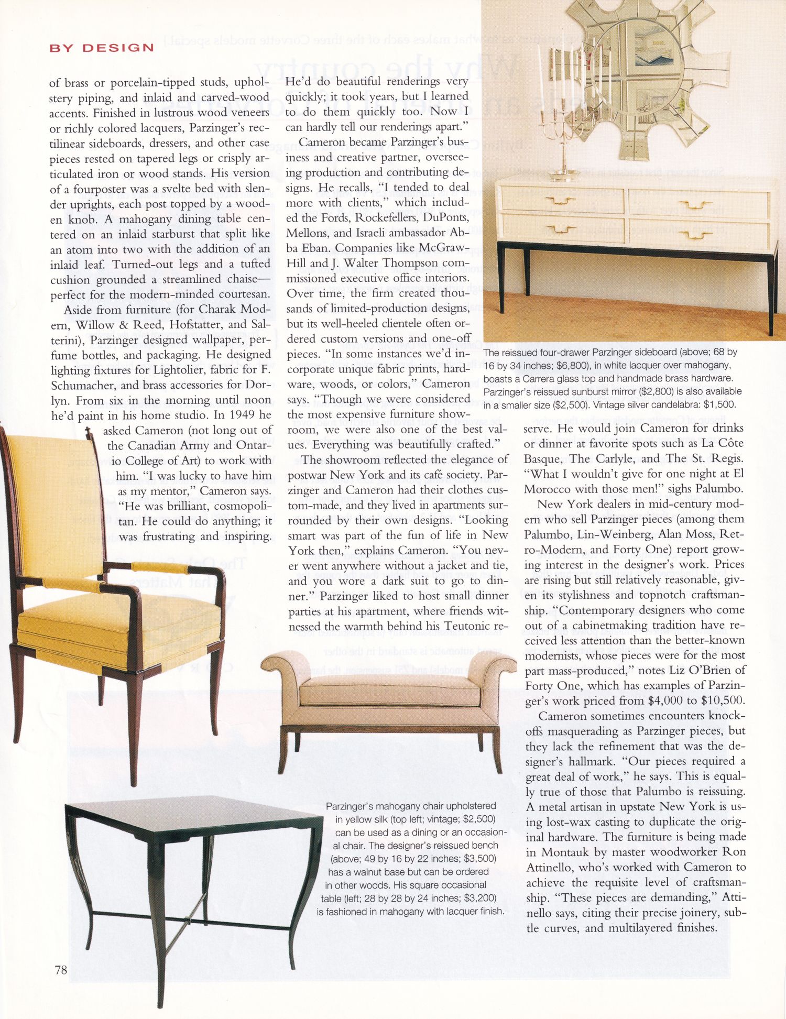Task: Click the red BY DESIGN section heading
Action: pyautogui.click(x=102, y=48)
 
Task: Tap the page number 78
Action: pyautogui.click(x=61, y=970)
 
